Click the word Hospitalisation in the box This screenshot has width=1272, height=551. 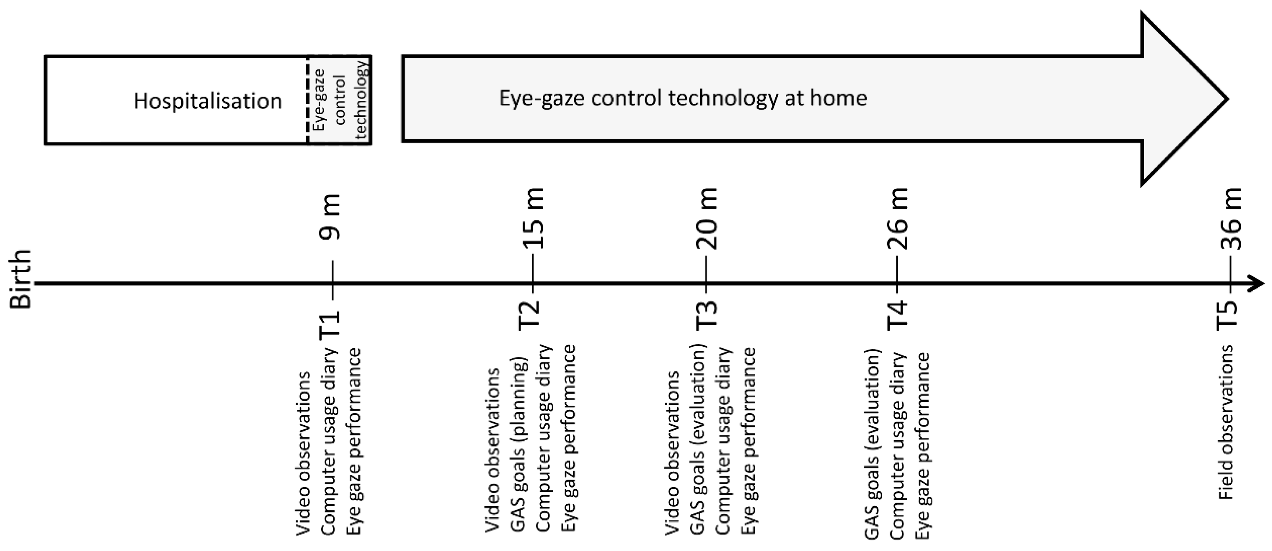(x=207, y=101)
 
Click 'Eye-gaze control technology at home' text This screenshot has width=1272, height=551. (x=683, y=98)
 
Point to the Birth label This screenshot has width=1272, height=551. (x=21, y=279)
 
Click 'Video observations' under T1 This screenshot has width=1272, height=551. (x=303, y=453)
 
